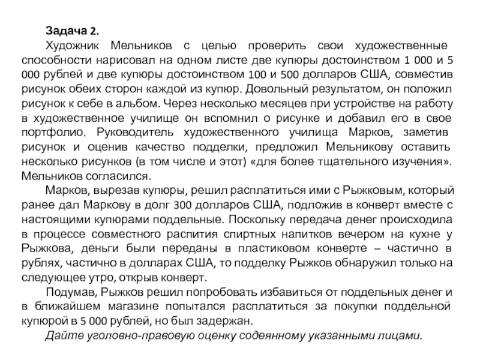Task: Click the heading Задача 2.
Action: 74,32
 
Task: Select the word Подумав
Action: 71,293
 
